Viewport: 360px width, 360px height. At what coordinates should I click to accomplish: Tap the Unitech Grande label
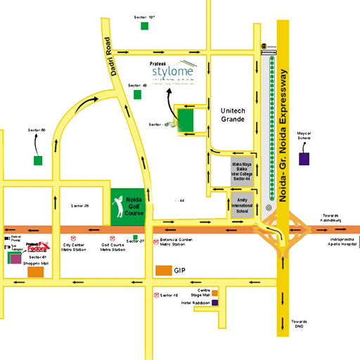coord(232,115)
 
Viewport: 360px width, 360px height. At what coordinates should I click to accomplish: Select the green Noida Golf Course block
coord(126,206)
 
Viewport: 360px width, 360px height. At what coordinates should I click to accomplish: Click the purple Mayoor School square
coord(304,159)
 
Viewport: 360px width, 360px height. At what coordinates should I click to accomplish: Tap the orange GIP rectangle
coord(163,271)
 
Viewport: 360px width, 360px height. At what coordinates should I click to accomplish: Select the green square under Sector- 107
coord(144,26)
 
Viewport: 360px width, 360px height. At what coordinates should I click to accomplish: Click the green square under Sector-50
coord(37,160)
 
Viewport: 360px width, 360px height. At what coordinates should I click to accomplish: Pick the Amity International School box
coord(241,207)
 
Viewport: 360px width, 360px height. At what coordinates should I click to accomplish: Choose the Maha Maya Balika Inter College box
coord(241,172)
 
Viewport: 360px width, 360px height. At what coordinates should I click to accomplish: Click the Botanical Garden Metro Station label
coord(175,243)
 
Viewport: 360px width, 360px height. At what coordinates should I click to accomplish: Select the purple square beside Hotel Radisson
coord(215,302)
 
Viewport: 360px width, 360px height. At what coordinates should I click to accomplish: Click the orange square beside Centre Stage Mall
coord(215,292)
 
